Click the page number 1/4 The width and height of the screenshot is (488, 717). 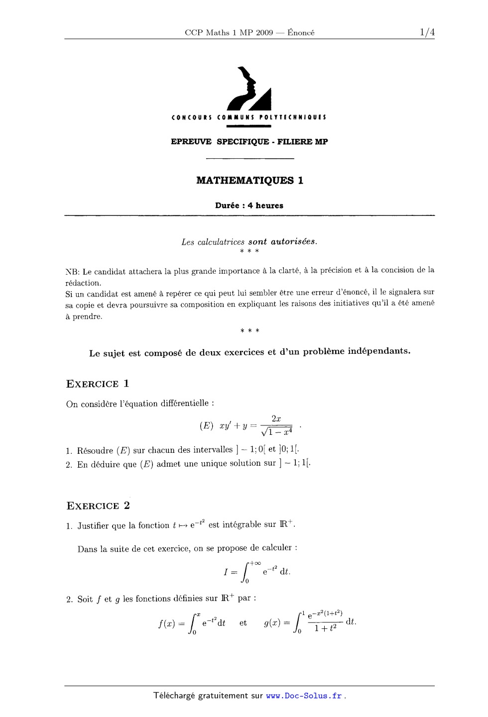pyautogui.click(x=427, y=32)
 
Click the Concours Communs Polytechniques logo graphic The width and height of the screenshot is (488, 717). pyautogui.click(x=249, y=89)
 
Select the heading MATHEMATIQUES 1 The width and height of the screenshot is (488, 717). pyautogui.click(x=249, y=180)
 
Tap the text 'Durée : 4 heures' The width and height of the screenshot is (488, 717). pyautogui.click(x=249, y=205)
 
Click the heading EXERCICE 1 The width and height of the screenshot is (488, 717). pyautogui.click(x=98, y=384)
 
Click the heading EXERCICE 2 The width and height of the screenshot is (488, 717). pyautogui.click(x=98, y=506)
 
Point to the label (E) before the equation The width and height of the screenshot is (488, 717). pyautogui.click(x=206, y=426)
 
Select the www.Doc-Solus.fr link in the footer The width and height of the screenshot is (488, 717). pyautogui.click(x=304, y=696)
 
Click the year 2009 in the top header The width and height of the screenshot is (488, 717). pyautogui.click(x=264, y=33)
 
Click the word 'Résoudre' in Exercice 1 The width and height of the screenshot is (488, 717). pyautogui.click(x=95, y=451)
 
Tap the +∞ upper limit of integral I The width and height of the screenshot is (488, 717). pyautogui.click(x=255, y=563)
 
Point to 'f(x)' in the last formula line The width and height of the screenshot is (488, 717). pyautogui.click(x=166, y=623)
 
